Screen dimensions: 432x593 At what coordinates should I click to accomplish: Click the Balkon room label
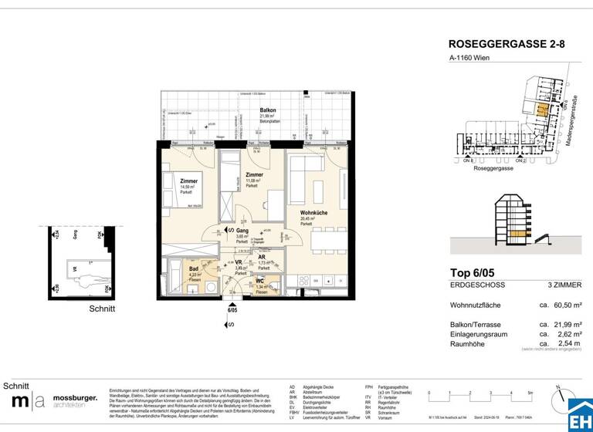coord(268,110)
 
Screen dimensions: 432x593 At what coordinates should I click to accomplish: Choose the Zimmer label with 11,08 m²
coord(254,176)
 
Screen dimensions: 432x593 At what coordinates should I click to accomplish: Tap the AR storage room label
coord(263,259)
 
